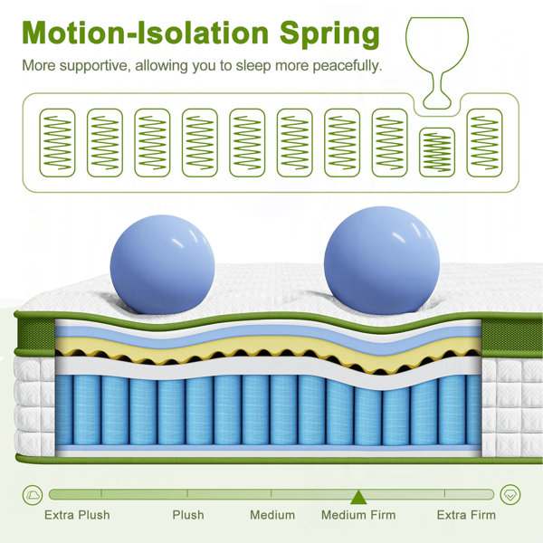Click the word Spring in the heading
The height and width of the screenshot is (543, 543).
pos(329,34)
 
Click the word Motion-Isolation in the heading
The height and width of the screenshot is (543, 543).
pos(146,33)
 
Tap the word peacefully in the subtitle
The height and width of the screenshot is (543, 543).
pos(347,66)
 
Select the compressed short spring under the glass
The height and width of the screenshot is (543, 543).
pos(437,152)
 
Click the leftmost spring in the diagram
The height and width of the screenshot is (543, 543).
pos(57,143)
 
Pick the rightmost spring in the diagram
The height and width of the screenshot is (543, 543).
pos(484,143)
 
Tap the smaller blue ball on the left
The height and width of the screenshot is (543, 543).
pos(162,264)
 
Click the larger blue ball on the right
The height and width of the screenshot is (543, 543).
pos(382,261)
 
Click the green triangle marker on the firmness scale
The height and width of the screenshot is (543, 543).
pos(358,497)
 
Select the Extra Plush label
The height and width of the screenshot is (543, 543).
pos(77,515)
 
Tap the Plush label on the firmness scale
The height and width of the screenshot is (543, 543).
pos(188,515)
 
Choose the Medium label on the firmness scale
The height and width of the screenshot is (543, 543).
pos(272,515)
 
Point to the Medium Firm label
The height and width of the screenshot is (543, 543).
pos(358,515)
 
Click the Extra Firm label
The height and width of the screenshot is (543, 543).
pos(466,515)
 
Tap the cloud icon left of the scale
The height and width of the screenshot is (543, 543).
pos(33,495)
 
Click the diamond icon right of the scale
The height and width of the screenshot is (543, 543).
pos(510,495)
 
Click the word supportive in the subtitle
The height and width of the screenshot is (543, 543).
pos(95,66)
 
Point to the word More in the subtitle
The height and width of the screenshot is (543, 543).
pos(39,65)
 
